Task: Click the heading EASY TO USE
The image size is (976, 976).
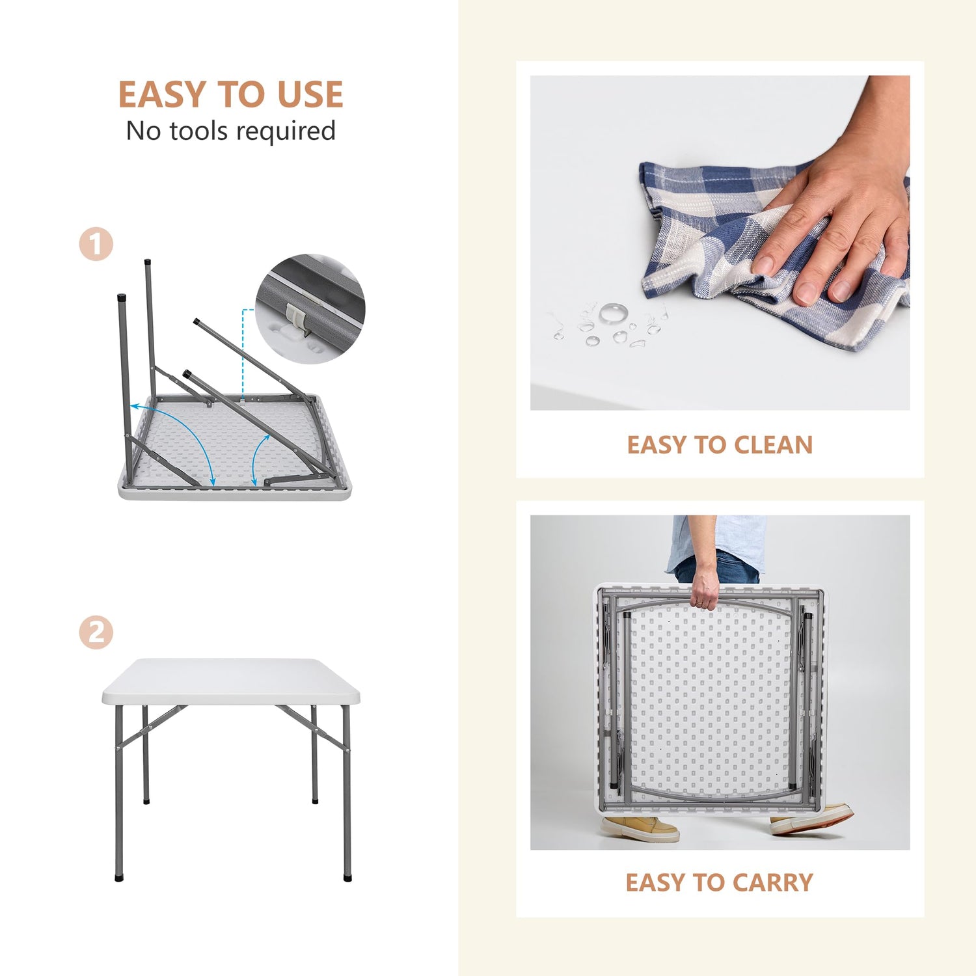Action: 230,94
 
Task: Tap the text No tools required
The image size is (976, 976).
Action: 231,131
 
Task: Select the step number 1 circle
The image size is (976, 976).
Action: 96,245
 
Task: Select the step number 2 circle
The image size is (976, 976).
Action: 96,632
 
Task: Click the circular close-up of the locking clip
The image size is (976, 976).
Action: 310,308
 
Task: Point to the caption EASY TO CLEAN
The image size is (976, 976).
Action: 720,445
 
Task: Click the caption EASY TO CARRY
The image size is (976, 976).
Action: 720,882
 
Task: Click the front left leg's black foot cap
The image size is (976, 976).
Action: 118,877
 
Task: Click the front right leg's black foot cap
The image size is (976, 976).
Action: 347,877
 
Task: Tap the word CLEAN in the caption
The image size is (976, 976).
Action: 773,445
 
